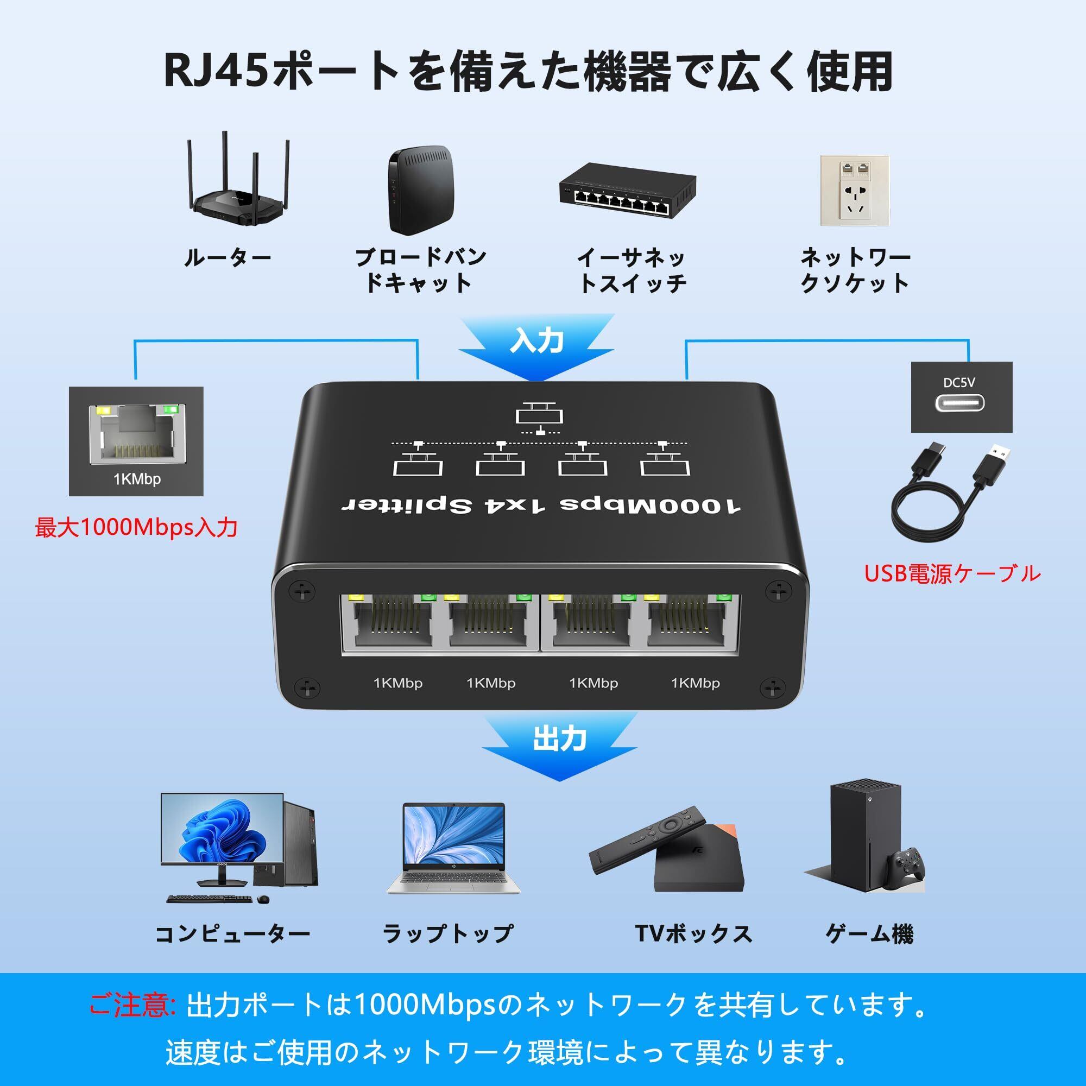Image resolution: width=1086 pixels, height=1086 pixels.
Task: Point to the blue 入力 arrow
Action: click(536, 345)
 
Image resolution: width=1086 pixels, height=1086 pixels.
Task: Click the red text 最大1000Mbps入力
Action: click(136, 527)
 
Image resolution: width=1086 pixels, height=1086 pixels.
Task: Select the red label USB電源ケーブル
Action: click(952, 574)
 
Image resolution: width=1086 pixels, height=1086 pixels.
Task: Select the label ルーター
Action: click(227, 258)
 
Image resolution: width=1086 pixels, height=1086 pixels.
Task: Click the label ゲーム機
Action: click(868, 933)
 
